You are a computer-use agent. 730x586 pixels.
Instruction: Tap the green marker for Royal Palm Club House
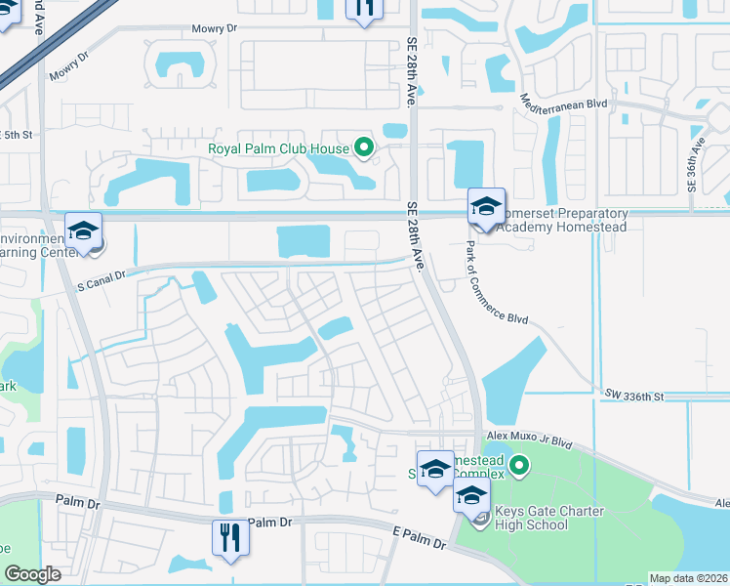[365, 149]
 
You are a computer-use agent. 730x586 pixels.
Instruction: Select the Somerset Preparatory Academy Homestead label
[561, 220]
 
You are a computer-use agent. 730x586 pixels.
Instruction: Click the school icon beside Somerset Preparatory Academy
[485, 207]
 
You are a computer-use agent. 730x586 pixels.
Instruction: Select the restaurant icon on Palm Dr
[230, 538]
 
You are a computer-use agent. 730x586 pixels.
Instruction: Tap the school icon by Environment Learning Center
[84, 231]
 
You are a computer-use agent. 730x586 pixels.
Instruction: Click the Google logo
[32, 574]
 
